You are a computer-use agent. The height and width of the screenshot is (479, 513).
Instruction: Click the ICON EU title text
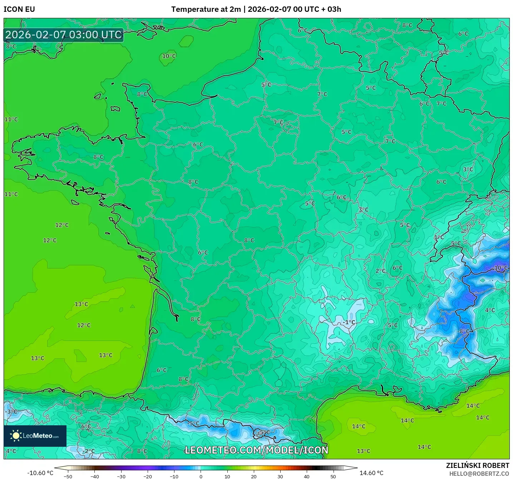19,9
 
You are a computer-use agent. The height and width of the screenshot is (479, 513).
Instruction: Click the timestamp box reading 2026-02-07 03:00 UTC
64,35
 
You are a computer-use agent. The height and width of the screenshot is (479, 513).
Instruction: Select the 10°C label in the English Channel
169,56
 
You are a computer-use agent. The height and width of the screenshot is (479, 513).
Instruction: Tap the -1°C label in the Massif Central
349,322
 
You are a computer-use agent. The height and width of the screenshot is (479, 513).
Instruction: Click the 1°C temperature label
439,237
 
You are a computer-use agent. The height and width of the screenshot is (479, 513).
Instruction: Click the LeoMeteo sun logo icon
16,436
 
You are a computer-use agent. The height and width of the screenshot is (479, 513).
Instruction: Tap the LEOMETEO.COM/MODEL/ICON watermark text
256,450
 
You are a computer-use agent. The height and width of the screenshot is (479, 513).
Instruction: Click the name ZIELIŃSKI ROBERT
477,465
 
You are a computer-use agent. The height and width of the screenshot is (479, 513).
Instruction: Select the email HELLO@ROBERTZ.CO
479,474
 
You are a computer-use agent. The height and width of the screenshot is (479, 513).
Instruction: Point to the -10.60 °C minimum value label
40,473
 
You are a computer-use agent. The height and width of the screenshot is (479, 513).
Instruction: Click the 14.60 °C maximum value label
371,473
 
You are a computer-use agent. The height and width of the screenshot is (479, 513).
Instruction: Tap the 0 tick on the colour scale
201,476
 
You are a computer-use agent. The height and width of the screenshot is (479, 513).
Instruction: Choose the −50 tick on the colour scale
68,476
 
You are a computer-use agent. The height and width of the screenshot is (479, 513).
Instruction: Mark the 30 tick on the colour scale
280,476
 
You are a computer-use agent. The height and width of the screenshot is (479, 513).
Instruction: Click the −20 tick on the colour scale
147,476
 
